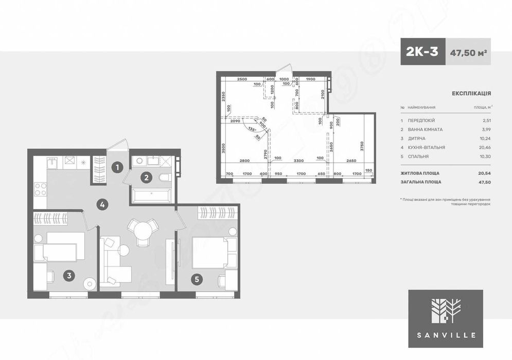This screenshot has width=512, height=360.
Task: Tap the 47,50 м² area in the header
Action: pyautogui.click(x=468, y=52)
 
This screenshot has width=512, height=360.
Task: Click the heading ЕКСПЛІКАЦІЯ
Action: pyautogui.click(x=471, y=94)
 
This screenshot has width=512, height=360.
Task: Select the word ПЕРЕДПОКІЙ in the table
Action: pyautogui.click(x=421, y=120)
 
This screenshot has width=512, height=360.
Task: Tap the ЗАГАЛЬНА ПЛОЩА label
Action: pyautogui.click(x=420, y=182)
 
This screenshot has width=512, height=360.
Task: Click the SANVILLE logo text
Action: pyautogui.click(x=446, y=335)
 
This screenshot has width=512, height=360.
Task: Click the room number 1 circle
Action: pyautogui.click(x=117, y=167)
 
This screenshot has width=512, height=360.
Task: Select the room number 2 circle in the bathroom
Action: pyautogui.click(x=147, y=178)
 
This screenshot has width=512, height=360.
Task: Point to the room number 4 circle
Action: pyautogui.click(x=103, y=205)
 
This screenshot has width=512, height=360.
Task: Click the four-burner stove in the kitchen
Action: pyautogui.click(x=40, y=190)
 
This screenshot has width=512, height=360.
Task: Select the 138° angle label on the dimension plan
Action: pyautogui.click(x=252, y=130)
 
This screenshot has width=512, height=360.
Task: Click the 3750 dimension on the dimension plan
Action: pyautogui.click(x=362, y=145)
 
